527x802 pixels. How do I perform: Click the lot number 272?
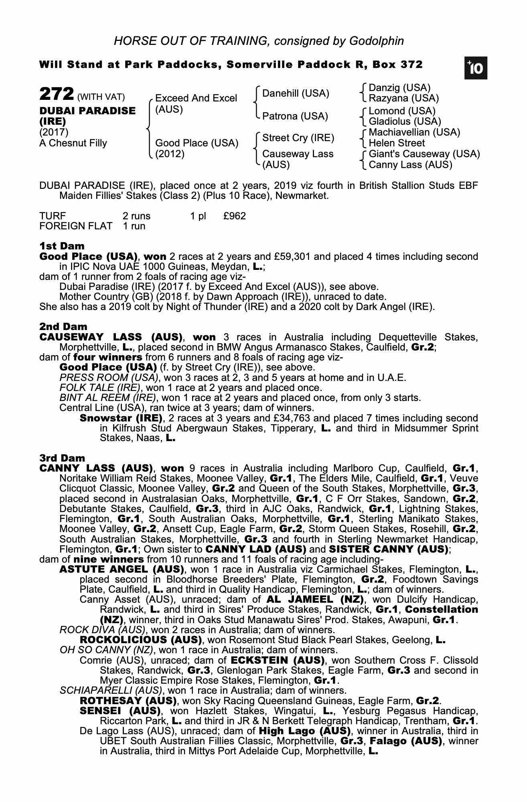pos(56,95)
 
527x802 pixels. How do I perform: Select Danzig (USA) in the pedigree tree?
pos(399,88)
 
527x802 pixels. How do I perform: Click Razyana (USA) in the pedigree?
pos(403,98)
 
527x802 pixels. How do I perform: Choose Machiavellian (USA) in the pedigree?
pos(414,132)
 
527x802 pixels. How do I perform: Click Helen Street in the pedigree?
pos(397,143)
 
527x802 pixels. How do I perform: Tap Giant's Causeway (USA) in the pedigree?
pos(424,154)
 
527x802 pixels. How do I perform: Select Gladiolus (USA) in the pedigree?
pos(405,122)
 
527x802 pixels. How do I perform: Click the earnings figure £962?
pos(234,216)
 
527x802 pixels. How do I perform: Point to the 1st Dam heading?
pos(62,246)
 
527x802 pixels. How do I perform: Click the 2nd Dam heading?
pos(63,326)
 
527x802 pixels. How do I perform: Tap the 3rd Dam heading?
pos(62,458)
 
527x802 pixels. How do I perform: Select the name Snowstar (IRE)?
pos(121,418)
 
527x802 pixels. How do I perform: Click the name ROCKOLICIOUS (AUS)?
pos(140,640)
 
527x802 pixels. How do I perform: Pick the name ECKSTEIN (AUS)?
pos(278,660)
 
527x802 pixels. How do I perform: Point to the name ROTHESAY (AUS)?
pos(128,701)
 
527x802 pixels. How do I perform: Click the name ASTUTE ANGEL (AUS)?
pos(122,569)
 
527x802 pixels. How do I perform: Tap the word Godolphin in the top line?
pos(376,41)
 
